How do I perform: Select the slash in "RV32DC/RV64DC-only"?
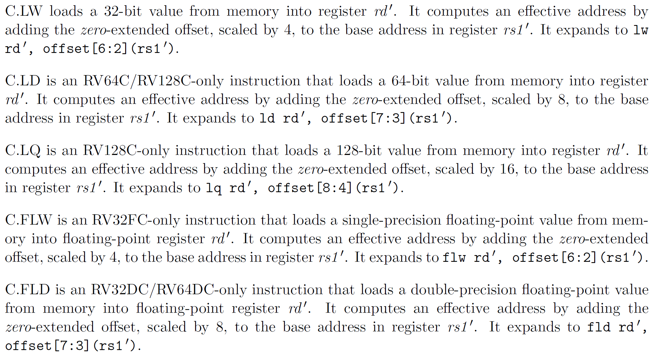(x=152, y=290)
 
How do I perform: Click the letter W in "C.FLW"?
(x=45, y=220)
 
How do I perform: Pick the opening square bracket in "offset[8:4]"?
(x=319, y=188)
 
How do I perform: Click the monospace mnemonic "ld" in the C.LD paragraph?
(x=267, y=118)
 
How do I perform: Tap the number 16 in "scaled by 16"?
(x=507, y=169)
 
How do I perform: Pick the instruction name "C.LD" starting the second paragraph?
(x=23, y=81)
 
